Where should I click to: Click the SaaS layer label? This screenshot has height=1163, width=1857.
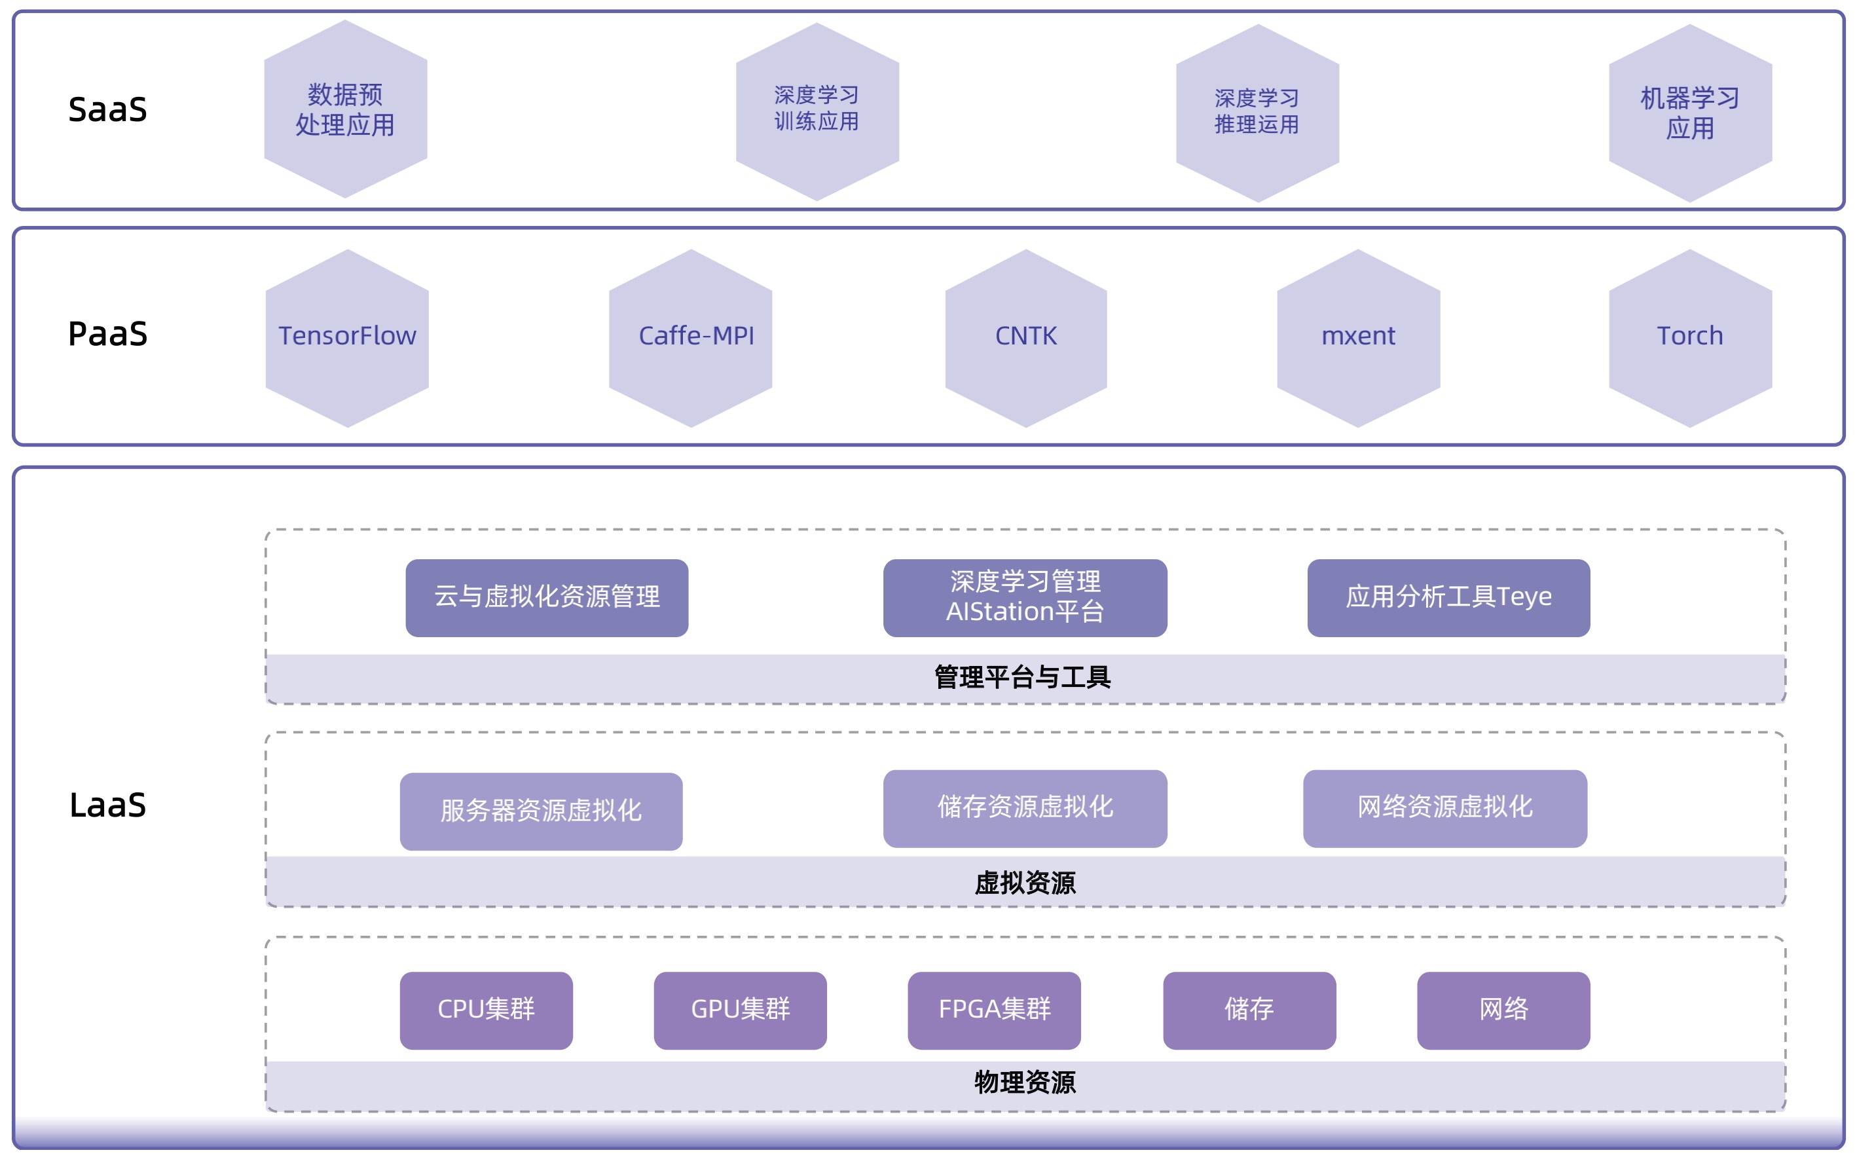107,109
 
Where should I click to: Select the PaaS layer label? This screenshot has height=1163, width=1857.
107,334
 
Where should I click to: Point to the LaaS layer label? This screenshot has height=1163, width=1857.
107,805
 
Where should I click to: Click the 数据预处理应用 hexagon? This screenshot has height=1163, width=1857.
345,109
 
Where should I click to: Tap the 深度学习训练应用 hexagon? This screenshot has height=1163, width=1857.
817,111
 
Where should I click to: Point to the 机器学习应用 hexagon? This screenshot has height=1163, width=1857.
1689,113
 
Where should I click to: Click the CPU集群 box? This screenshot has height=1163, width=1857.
486,1010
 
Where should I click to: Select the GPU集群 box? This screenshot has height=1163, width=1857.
740,1010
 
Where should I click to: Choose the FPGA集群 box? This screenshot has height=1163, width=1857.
993,1010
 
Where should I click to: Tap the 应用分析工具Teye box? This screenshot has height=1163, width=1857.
1448,598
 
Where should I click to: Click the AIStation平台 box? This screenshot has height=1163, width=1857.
1024,598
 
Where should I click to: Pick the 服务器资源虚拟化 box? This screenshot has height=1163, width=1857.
541,811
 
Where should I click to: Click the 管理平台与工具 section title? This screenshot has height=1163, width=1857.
1022,678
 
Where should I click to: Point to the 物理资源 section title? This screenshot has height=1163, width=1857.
1024,1082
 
